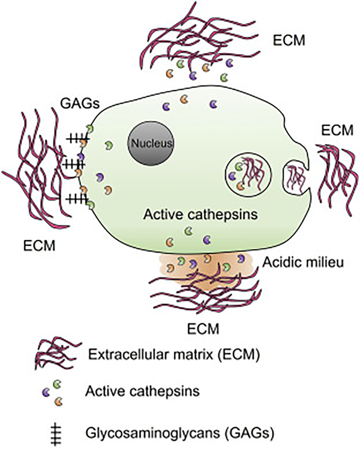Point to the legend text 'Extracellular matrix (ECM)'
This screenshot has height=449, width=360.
point(173,355)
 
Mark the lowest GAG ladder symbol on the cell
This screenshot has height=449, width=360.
point(77,197)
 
